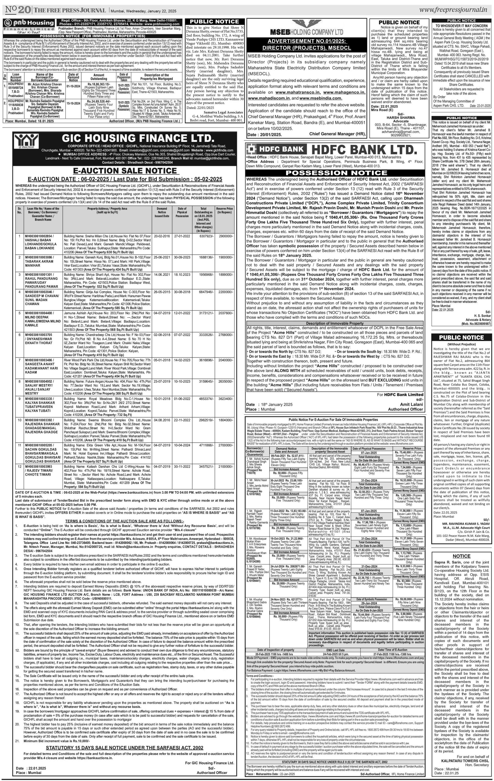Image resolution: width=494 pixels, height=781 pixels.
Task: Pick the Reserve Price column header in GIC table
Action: [225, 211]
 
